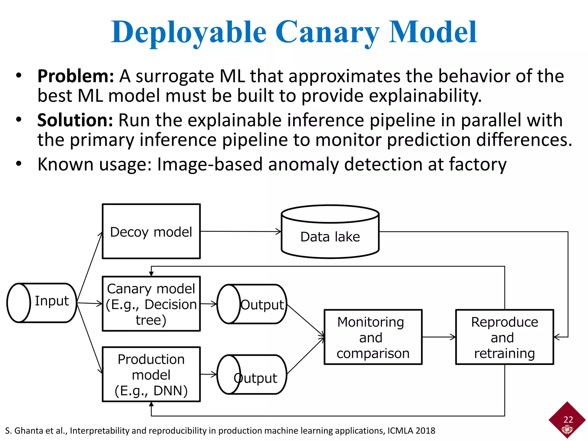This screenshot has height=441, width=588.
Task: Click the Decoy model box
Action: click(151, 231)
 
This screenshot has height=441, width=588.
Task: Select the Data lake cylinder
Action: click(330, 236)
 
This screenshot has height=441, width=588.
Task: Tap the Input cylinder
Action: click(42, 303)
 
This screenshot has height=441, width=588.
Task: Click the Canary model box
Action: click(151, 304)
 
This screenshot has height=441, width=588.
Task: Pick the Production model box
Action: click(151, 374)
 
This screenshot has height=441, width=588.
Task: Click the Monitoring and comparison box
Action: click(373, 337)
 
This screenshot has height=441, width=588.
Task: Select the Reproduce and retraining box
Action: click(504, 337)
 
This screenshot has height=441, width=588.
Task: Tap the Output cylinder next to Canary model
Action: click(252, 304)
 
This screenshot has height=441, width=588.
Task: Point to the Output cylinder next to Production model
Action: click(252, 375)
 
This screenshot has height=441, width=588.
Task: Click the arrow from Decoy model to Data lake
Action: click(241, 231)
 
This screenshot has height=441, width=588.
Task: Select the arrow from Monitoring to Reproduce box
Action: click(439, 337)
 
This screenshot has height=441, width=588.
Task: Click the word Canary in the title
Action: click(327, 32)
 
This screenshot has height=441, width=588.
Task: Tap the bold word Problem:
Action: click(76, 76)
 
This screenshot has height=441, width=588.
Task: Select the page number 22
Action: click(568, 420)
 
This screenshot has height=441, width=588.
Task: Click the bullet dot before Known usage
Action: click(19, 164)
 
